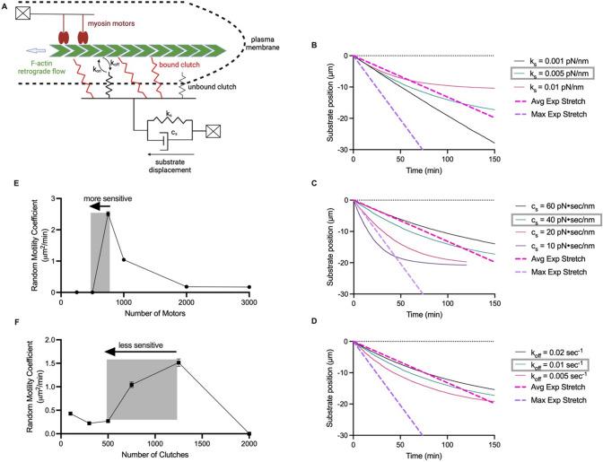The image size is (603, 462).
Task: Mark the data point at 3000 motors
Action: pyautogui.click(x=249, y=287)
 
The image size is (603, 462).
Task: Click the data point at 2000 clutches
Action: pyautogui.click(x=249, y=431)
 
